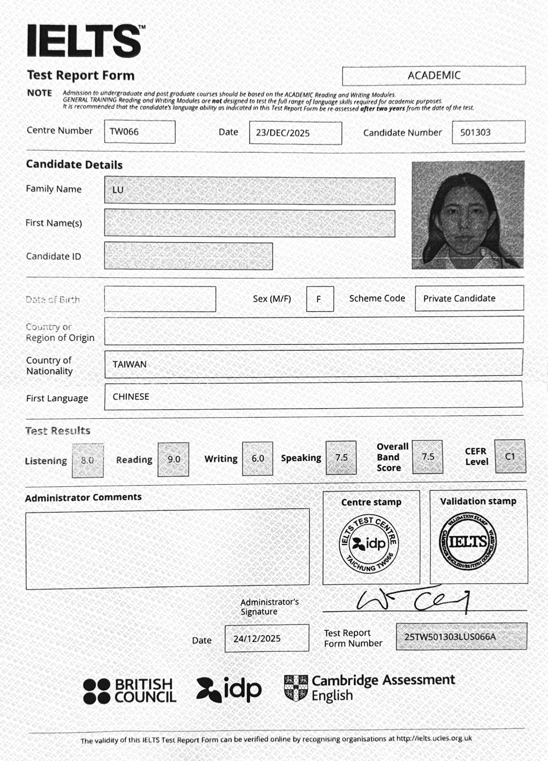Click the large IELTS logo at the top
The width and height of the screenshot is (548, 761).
(x=85, y=41)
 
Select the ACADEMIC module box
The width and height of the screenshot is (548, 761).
(x=433, y=76)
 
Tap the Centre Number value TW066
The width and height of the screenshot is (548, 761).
(x=124, y=132)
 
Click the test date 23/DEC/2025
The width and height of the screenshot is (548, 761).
(x=283, y=133)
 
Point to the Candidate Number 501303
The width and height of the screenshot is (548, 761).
(x=475, y=132)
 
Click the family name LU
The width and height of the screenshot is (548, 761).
(x=118, y=190)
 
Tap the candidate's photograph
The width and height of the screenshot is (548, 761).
(x=468, y=215)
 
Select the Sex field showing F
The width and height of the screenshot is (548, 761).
(x=319, y=299)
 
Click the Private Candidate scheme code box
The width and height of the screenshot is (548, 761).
(x=459, y=298)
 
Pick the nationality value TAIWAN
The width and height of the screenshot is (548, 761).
(x=130, y=364)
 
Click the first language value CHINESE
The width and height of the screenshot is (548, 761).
(x=131, y=397)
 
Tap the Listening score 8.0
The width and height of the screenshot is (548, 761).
(x=87, y=461)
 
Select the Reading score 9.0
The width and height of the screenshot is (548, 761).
(x=174, y=459)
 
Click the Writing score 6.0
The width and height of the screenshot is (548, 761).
(x=258, y=458)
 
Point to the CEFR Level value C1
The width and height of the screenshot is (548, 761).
(x=510, y=456)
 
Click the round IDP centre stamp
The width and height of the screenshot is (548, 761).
(x=370, y=544)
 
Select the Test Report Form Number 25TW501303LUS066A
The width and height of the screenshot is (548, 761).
(x=450, y=637)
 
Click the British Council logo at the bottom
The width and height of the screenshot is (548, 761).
(x=130, y=691)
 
